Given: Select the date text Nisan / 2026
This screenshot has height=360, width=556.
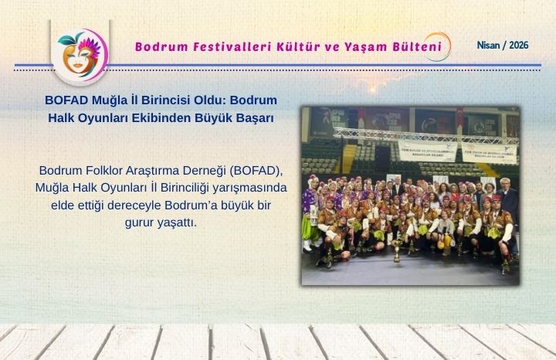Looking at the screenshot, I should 503,46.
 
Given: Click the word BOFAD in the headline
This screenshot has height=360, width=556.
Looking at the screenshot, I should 67,102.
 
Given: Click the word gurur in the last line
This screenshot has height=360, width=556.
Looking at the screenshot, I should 141,222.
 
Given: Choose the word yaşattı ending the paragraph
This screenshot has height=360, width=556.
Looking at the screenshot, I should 178,222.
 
